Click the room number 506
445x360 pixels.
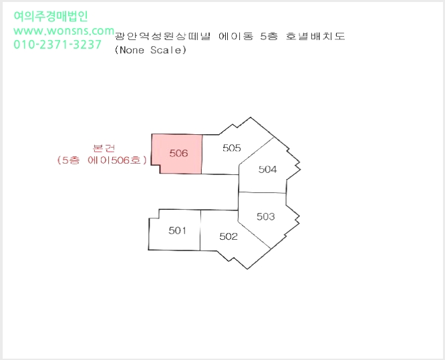[x=178, y=153]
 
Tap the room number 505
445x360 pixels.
[x=232, y=148]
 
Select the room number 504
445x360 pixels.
[x=267, y=170]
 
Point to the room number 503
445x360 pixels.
[x=266, y=216]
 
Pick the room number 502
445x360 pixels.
[x=229, y=236]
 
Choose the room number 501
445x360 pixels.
[x=177, y=230]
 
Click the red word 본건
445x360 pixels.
[x=104, y=148]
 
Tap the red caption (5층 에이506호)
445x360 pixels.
[x=102, y=160]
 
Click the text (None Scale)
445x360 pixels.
[x=150, y=50]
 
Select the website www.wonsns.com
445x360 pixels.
[x=64, y=30]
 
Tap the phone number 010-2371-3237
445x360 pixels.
[x=57, y=44]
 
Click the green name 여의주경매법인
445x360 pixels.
[x=51, y=16]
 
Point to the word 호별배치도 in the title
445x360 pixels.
[x=315, y=36]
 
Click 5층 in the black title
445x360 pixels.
[x=269, y=36]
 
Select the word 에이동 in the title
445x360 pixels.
[x=236, y=36]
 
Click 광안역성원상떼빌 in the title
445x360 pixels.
[x=162, y=36]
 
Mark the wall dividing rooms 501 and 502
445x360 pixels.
[x=200, y=230]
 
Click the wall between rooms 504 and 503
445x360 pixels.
[x=262, y=192]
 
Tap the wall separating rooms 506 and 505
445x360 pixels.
[x=202, y=154]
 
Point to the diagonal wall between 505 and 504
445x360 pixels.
[x=257, y=151]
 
